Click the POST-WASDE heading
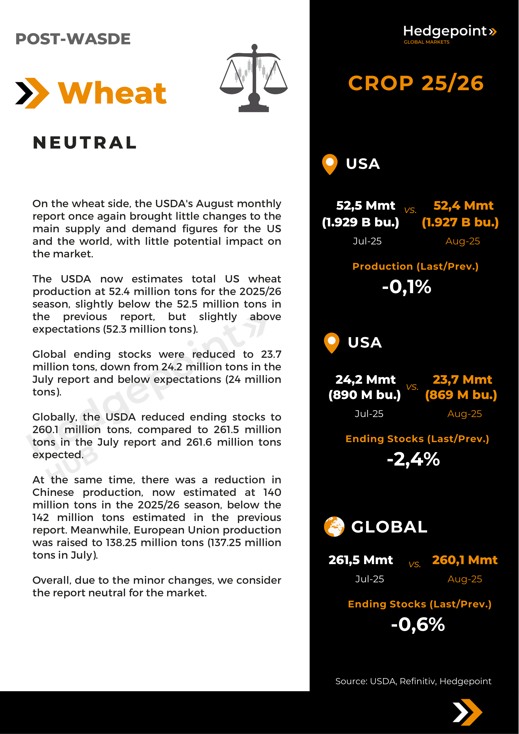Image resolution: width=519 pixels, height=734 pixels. (x=73, y=39)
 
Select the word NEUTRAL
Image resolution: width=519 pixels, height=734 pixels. (x=85, y=142)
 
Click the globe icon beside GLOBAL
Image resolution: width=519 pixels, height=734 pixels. (x=334, y=526)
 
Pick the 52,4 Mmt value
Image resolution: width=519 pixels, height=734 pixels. (x=463, y=205)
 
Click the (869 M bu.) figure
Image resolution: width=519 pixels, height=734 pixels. (x=461, y=395)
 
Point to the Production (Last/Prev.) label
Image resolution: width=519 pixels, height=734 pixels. (x=415, y=266)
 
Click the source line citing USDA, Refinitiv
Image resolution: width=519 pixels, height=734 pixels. (x=413, y=681)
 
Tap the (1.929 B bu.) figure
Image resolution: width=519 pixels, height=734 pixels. (x=360, y=222)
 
